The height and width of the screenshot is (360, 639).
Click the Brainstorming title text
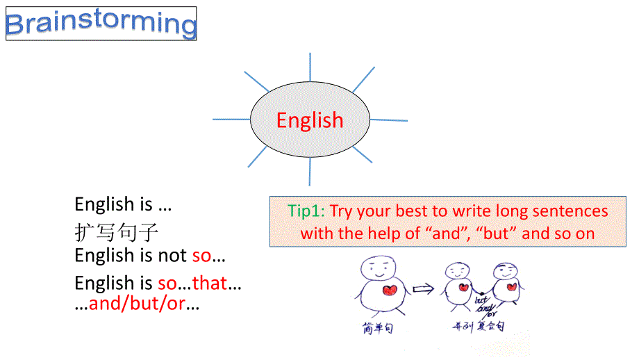pyautogui.click(x=101, y=24)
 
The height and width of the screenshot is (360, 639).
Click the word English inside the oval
pyautogui.click(x=310, y=120)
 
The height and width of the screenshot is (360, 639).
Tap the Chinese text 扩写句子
pyautogui.click(x=117, y=231)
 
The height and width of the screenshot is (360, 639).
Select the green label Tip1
pyautogui.click(x=306, y=211)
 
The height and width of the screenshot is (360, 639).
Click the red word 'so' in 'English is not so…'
pyautogui.click(x=201, y=256)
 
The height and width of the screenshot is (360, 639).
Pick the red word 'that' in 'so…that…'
pyautogui.click(x=210, y=284)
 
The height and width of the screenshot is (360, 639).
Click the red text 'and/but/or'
pyautogui.click(x=137, y=304)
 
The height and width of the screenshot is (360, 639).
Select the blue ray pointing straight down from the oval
pyautogui.click(x=310, y=171)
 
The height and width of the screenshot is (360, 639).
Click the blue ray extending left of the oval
pyautogui.click(x=231, y=120)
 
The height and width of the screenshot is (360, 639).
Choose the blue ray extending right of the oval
pyautogui.click(x=389, y=120)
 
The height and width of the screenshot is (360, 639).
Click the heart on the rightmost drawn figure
pyautogui.click(x=511, y=286)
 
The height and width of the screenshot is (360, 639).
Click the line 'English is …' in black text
pyautogui.click(x=123, y=204)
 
